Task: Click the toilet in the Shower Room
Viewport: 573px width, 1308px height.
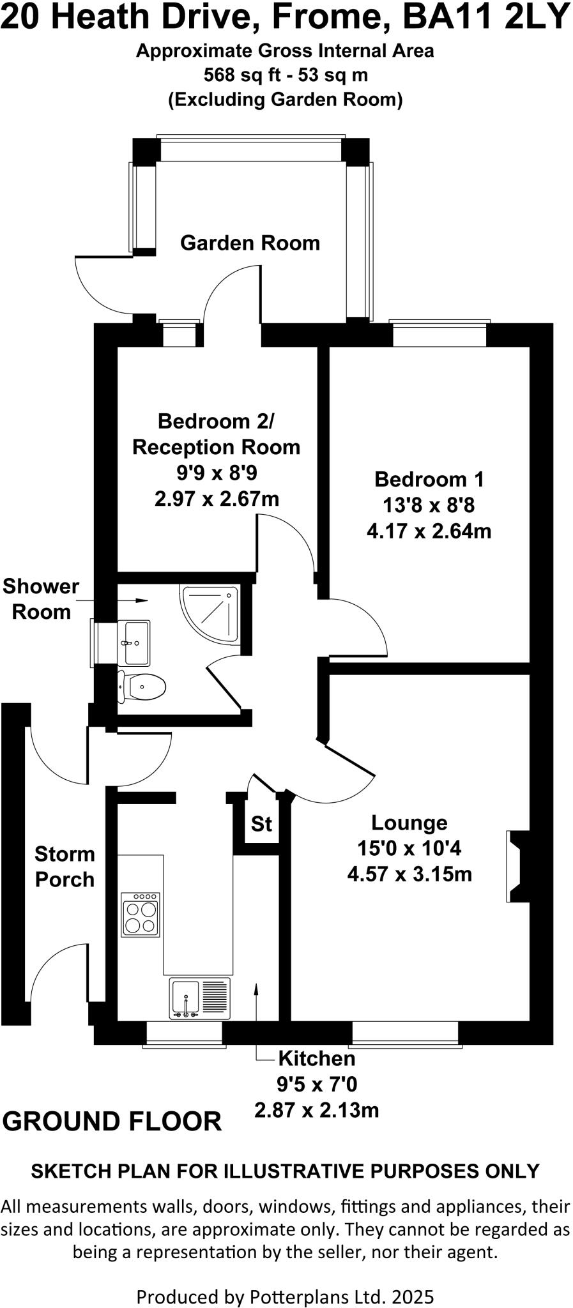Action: (143, 687)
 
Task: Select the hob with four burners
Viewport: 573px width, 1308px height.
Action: (141, 915)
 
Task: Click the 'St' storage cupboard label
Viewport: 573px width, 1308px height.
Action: (261, 824)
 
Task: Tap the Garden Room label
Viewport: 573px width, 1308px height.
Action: (250, 243)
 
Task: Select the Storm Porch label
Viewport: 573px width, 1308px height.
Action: (65, 867)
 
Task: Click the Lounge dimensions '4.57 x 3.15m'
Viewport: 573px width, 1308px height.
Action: (409, 874)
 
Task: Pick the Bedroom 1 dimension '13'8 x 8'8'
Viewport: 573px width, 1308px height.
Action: (429, 505)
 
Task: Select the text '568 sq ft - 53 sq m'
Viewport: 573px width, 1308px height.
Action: (286, 75)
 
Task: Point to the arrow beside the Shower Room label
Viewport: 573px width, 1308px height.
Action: (141, 600)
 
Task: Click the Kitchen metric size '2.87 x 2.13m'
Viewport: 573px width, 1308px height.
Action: (316, 1110)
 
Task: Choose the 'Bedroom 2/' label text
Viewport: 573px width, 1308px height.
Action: (216, 422)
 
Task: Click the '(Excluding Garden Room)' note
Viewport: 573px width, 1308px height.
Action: (286, 100)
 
